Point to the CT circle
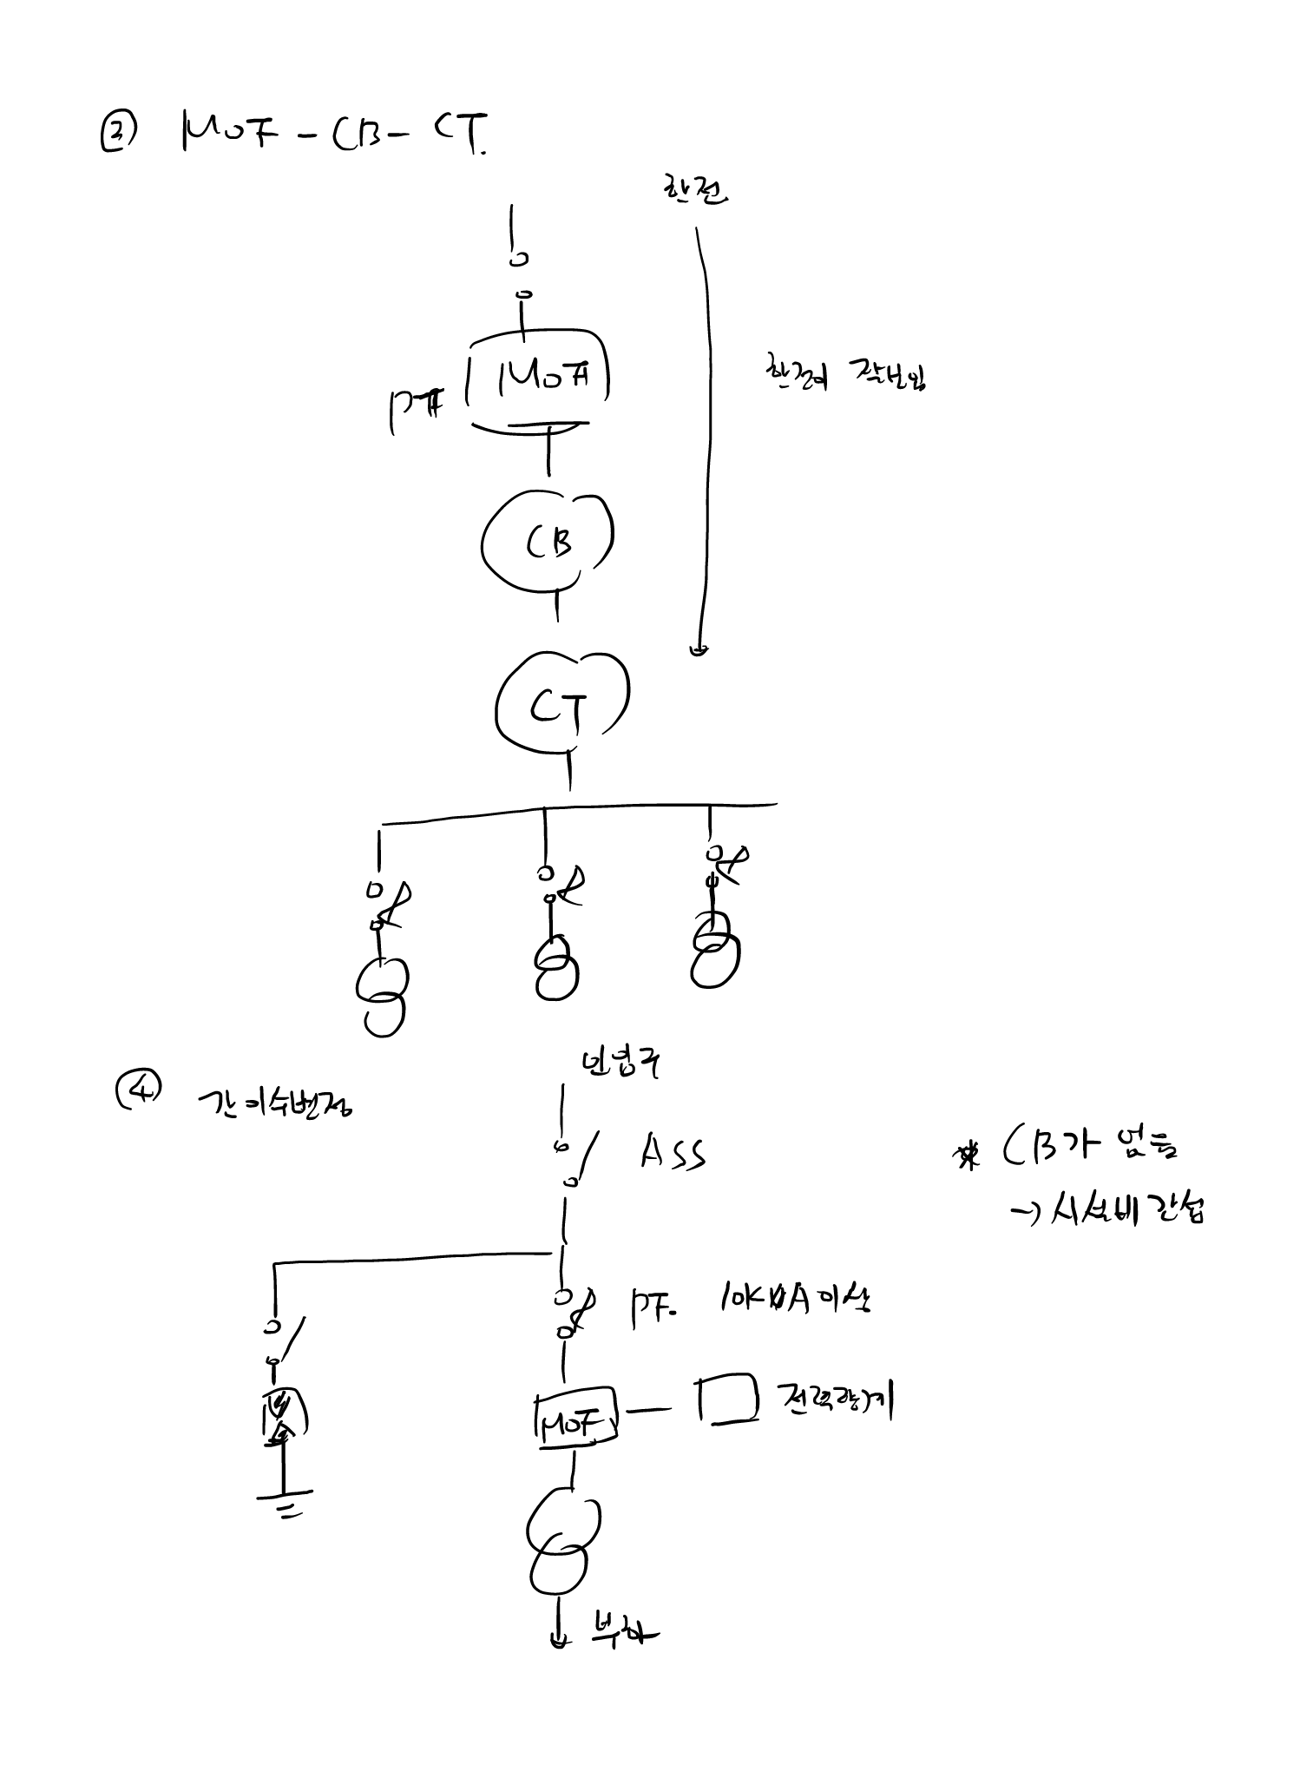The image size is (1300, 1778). pyautogui.click(x=562, y=705)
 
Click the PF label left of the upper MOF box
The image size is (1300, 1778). pyautogui.click(x=416, y=408)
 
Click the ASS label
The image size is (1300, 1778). pyautogui.click(x=673, y=1154)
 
